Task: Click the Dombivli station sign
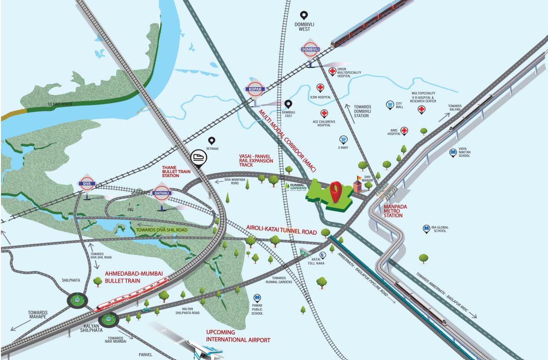pyautogui.click(x=311, y=49)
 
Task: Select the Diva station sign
pyautogui.click(x=86, y=184)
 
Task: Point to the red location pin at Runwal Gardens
pyautogui.click(x=336, y=191)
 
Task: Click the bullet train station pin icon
pyautogui.click(x=198, y=157)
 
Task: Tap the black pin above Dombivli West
pyautogui.click(x=305, y=16)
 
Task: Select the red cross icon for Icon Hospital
pyautogui.click(x=320, y=88)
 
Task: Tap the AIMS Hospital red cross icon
pyautogui.click(x=404, y=131)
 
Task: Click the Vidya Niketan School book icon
pyautogui.click(x=453, y=153)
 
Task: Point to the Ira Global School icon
pyautogui.click(x=426, y=229)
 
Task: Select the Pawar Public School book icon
pyautogui.click(x=256, y=298)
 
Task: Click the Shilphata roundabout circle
pyautogui.click(x=76, y=299)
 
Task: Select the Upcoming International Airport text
pyautogui.click(x=238, y=336)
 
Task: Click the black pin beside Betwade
pyautogui.click(x=212, y=141)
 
